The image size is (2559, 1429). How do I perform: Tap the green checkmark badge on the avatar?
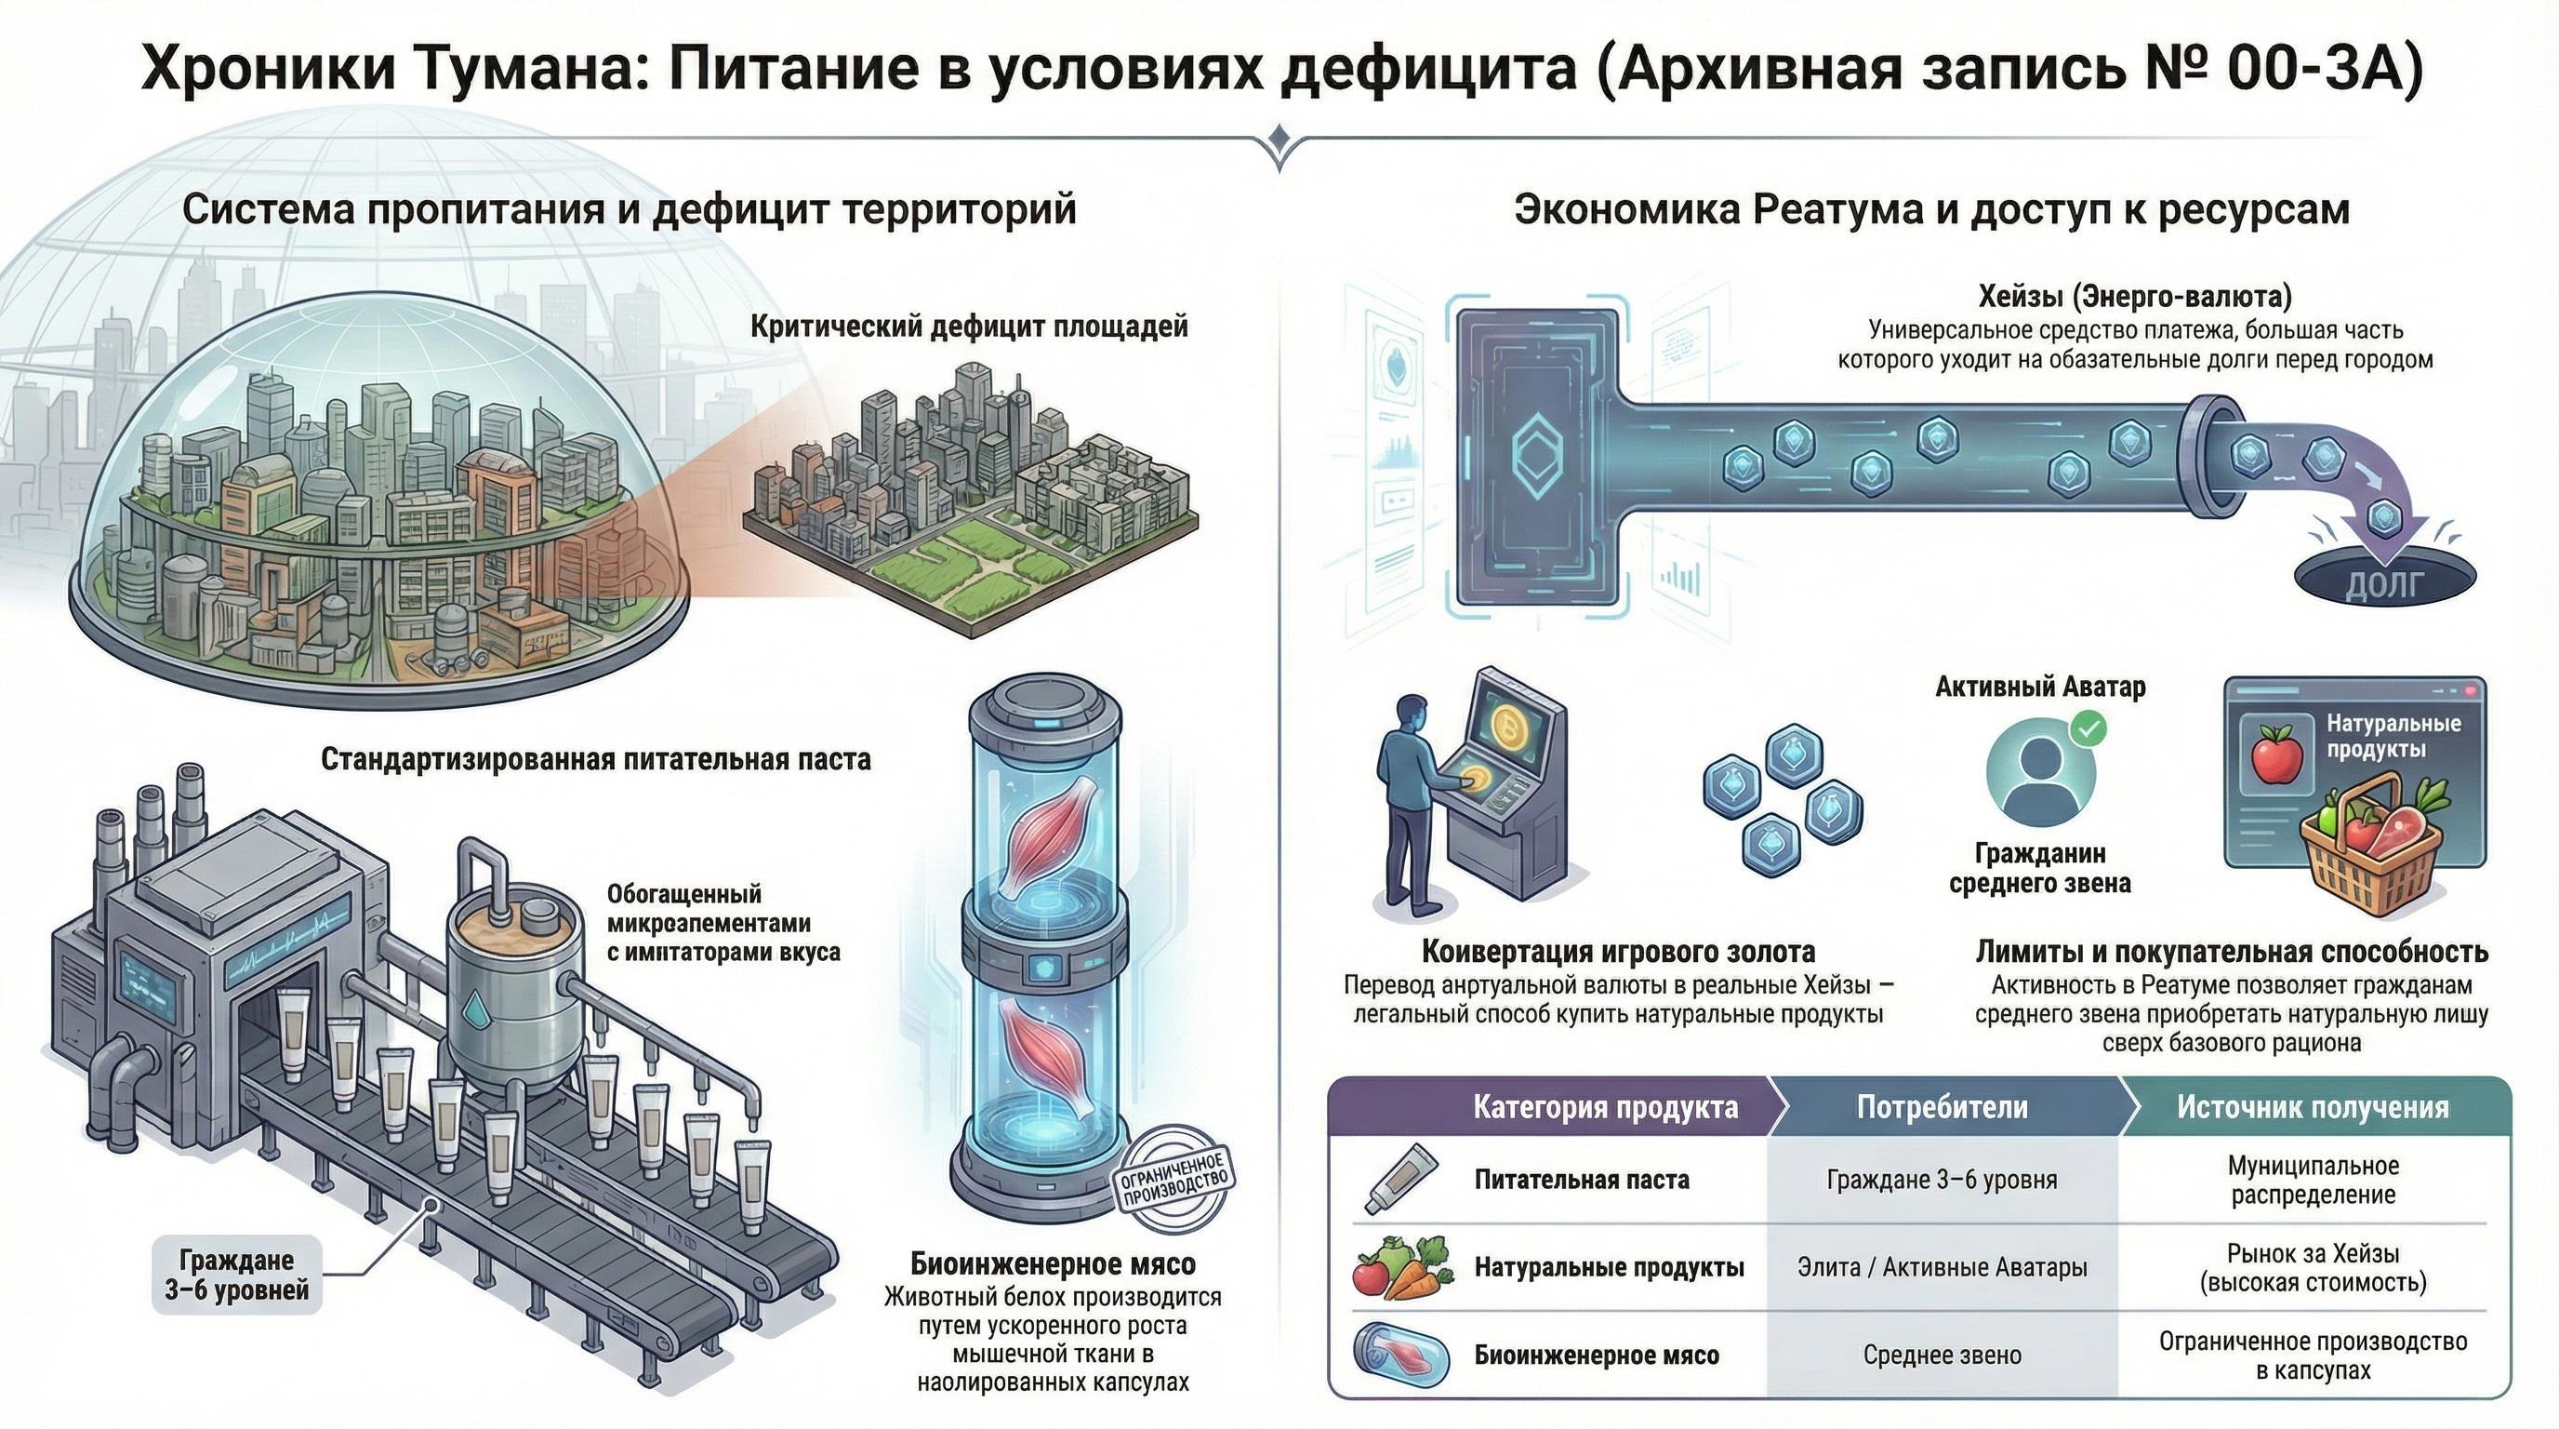[x=2089, y=729]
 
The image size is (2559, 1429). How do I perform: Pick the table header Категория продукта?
[x=1604, y=1107]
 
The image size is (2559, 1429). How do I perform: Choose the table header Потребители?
[x=1942, y=1107]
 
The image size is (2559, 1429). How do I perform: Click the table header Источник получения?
[x=2313, y=1107]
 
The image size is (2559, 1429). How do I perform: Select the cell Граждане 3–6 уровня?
[x=1942, y=1180]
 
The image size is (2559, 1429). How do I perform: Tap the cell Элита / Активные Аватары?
[x=1942, y=1267]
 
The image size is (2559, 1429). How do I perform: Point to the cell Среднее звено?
[x=1942, y=1355]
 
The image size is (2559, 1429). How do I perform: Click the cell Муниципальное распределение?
[x=2313, y=1180]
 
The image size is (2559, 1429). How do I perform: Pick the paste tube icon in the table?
[x=1400, y=1179]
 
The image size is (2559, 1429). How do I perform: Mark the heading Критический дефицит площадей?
[x=969, y=327]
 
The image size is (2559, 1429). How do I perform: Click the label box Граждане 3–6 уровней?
[x=236, y=1275]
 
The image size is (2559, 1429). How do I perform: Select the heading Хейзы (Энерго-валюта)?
[x=2135, y=295]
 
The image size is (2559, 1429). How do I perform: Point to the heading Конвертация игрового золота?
[x=1618, y=951]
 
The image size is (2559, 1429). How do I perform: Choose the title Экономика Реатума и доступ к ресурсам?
[x=1931, y=209]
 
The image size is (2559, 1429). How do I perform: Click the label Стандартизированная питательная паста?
[x=595, y=759]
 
